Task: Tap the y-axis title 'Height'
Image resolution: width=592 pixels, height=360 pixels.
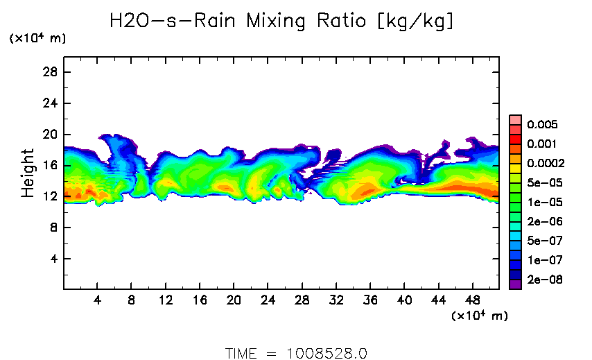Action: coord(28,173)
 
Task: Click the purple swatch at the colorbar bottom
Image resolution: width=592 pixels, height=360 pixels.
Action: coord(515,283)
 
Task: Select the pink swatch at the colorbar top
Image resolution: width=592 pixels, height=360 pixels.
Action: coord(515,119)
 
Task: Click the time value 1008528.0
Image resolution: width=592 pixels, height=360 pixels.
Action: coord(327,353)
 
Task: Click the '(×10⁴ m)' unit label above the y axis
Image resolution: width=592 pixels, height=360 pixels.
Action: coord(37,39)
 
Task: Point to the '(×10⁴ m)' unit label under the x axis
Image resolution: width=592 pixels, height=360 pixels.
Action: coord(479,316)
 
